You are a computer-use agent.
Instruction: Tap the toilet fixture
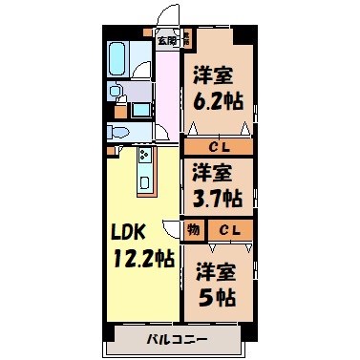click(x=119, y=132)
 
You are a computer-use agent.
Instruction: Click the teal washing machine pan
click(x=140, y=108)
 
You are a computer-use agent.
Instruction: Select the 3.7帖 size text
click(x=216, y=199)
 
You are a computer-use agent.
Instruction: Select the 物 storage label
click(x=193, y=229)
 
